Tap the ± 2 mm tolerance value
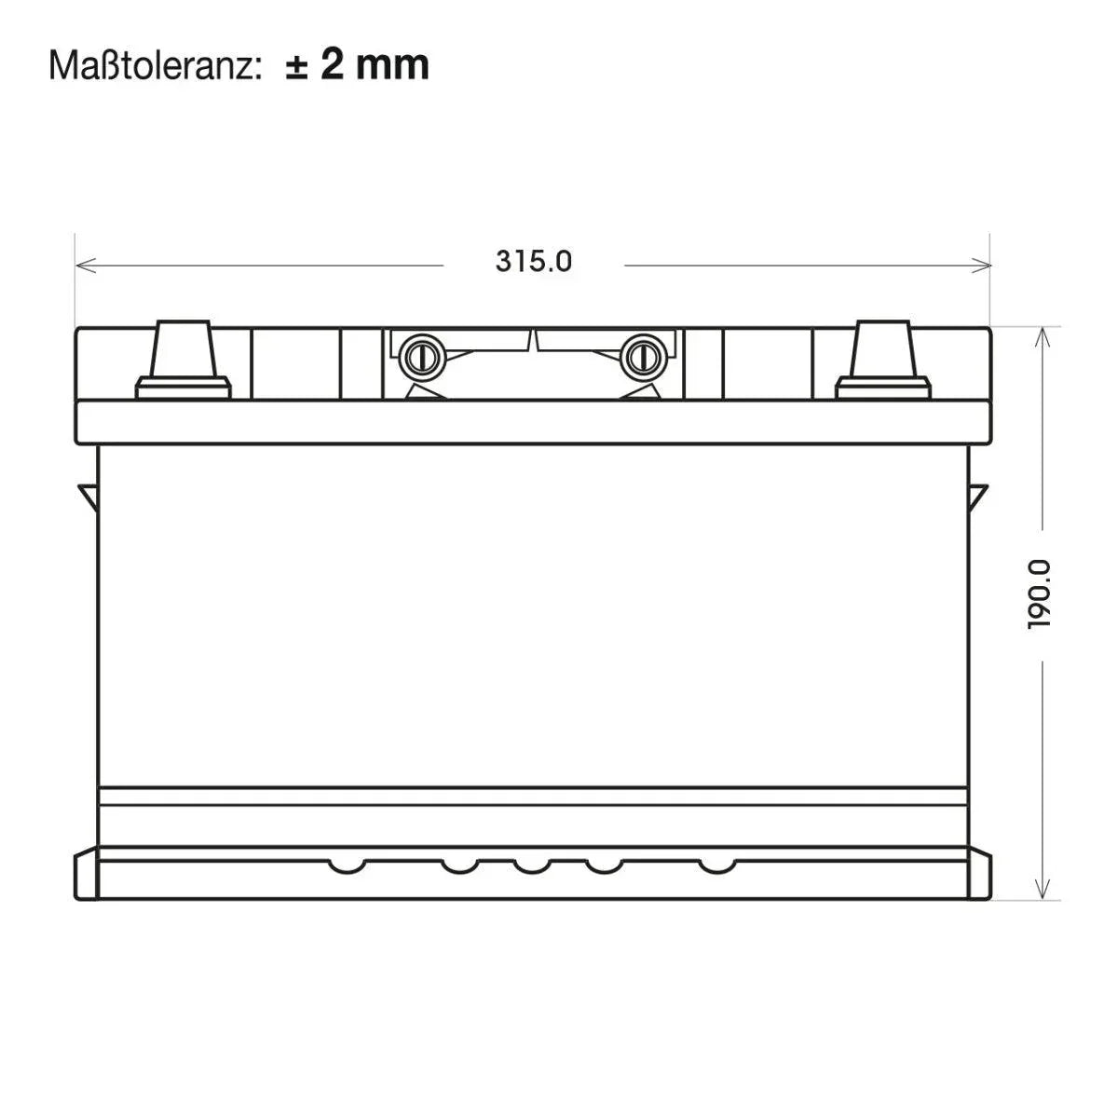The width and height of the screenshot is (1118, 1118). (358, 65)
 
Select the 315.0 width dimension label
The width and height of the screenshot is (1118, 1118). (534, 262)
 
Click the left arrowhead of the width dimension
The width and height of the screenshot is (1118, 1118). (86, 266)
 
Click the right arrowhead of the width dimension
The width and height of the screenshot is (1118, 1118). (981, 266)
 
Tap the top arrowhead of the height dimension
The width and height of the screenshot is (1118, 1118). (1043, 337)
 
